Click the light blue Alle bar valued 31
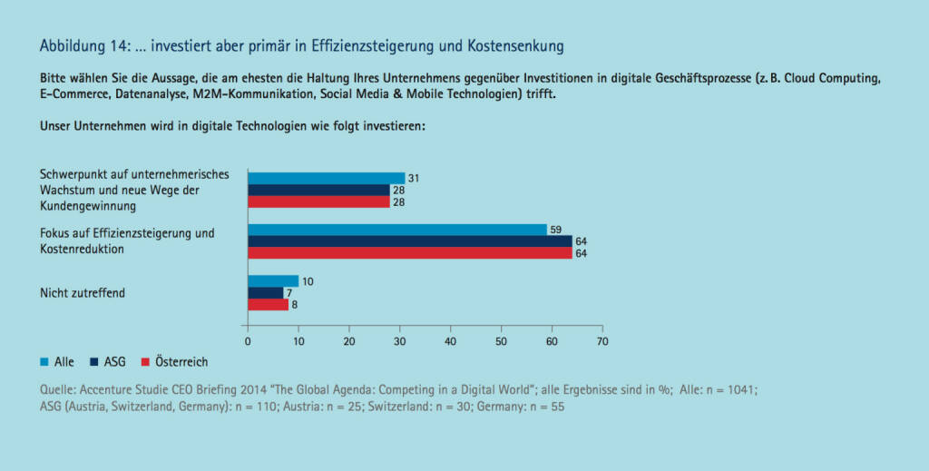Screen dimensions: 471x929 [x=326, y=178]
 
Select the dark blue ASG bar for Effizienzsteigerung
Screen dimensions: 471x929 [x=409, y=241]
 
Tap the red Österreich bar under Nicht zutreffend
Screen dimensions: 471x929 [x=268, y=305]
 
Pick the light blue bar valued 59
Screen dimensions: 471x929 [x=396, y=230]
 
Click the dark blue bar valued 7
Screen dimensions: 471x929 [x=265, y=293]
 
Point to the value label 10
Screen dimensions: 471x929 [x=308, y=281]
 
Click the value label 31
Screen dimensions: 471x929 [x=414, y=178]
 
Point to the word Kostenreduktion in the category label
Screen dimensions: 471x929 [x=83, y=248]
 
